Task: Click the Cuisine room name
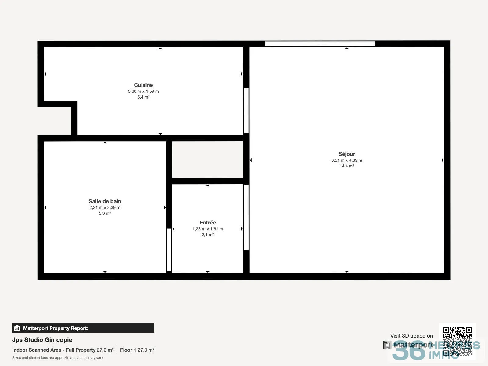tap(143, 85)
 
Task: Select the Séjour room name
tap(346, 154)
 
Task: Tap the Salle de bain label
tap(105, 201)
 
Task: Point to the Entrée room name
tap(208, 222)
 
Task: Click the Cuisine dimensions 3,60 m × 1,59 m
tap(143, 91)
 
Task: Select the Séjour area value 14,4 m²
tap(346, 166)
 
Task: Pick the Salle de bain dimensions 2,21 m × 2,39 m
tap(105, 208)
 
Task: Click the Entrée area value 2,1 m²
tap(208, 235)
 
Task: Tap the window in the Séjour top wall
tap(320, 44)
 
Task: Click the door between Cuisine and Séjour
tap(246, 111)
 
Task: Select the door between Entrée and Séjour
tap(246, 217)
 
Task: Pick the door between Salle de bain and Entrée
tap(169, 250)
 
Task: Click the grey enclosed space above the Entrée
tap(208, 159)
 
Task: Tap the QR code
tap(457, 342)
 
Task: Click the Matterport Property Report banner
tap(83, 328)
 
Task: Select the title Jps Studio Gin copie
tap(42, 340)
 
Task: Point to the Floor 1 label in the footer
tap(128, 350)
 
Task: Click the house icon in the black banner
tap(17, 328)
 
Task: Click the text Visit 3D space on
tap(411, 336)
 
